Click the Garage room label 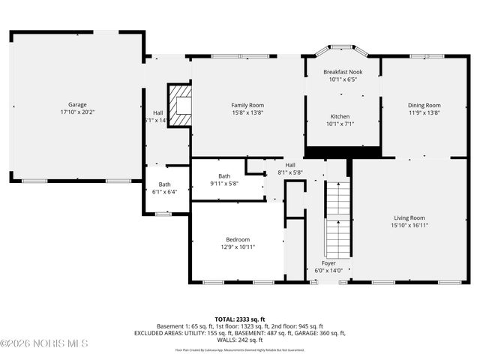[78, 105]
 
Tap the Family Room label [247, 105]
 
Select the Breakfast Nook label [342, 71]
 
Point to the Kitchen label [340, 116]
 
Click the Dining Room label [424, 105]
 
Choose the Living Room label [409, 217]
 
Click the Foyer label [328, 263]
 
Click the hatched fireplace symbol [178, 106]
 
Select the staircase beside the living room [338, 217]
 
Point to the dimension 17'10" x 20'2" [78, 112]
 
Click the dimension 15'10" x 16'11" [409, 225]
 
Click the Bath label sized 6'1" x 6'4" [163, 184]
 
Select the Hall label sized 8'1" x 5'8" [289, 165]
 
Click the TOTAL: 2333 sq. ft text [239, 319]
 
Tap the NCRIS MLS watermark [45, 343]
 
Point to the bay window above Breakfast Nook [341, 51]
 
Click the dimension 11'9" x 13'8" [424, 112]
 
